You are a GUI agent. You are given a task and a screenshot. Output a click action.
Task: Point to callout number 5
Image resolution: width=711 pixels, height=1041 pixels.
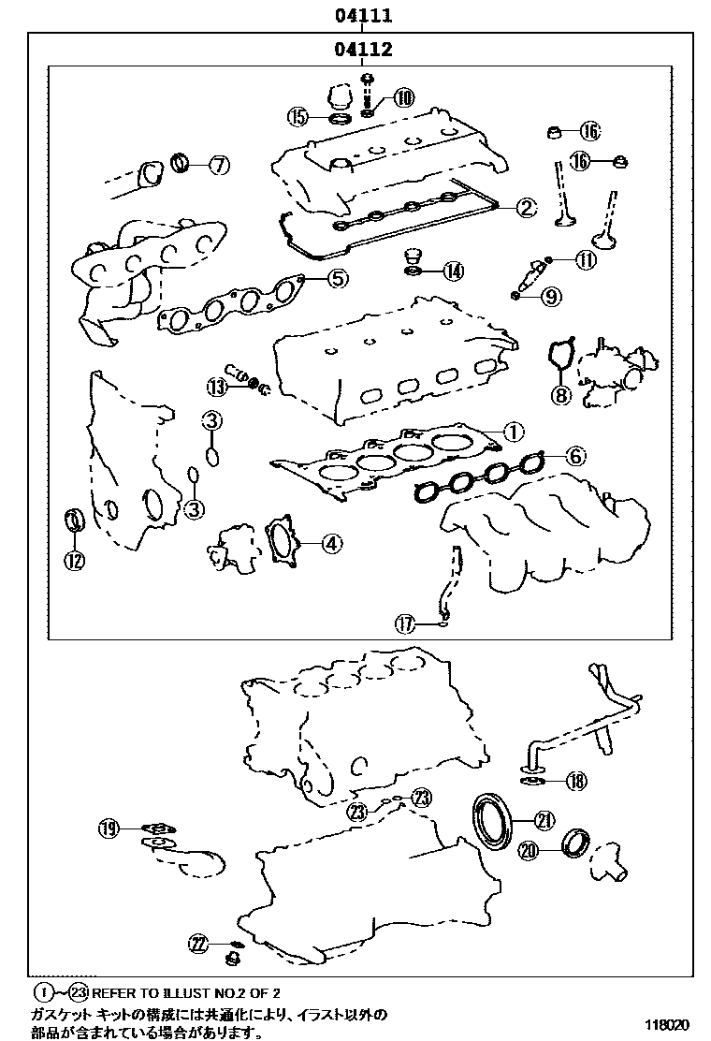(337, 277)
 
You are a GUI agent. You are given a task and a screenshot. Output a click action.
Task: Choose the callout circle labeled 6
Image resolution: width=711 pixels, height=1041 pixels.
(575, 456)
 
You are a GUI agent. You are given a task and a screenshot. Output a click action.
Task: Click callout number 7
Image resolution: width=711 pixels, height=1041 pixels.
(217, 166)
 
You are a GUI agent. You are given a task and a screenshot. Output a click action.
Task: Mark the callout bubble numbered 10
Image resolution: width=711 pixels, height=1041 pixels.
(404, 97)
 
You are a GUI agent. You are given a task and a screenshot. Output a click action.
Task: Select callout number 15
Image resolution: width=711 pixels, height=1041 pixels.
(297, 117)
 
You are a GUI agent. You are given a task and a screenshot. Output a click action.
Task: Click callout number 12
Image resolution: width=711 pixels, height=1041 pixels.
(74, 560)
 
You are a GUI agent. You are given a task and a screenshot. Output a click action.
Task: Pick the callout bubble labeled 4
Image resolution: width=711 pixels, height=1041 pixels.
(332, 542)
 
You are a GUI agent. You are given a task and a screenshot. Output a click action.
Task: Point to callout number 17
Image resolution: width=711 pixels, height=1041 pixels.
(404, 623)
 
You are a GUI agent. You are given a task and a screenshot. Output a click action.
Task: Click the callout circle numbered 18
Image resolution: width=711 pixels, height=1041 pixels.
(575, 781)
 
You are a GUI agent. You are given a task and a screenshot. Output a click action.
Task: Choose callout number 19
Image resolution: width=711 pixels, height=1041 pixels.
(110, 828)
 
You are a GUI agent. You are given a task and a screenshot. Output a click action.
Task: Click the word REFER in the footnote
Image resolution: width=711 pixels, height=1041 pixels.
(114, 991)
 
